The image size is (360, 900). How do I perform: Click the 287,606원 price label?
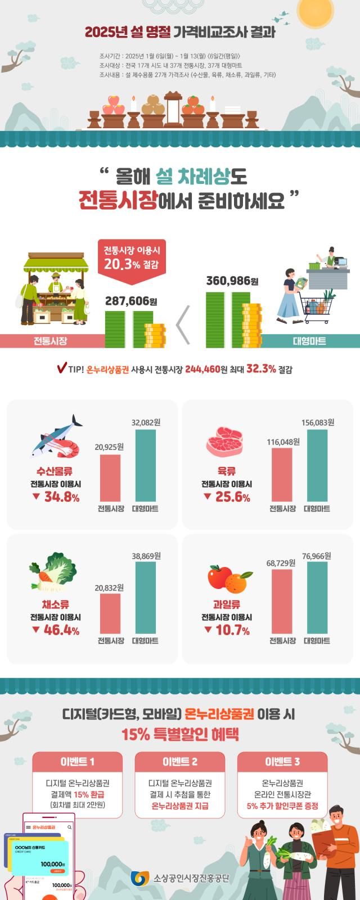coord(131,301)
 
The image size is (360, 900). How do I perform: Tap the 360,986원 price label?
coord(232,281)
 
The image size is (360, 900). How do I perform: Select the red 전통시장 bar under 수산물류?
coord(110,478)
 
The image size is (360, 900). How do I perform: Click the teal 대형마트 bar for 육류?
coord(317,465)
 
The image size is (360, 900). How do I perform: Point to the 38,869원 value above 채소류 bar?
coord(146,556)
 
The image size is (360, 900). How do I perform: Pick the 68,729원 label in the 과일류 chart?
coord(281,563)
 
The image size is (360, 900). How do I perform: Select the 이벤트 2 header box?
coord(180,762)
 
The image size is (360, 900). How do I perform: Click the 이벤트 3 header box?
coord(282,762)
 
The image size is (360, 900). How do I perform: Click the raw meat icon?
coord(224,442)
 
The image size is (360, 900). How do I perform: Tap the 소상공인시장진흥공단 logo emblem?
coord(139,878)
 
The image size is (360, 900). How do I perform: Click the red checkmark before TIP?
coord(62,368)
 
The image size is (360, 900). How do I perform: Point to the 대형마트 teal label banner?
coord(309,341)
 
